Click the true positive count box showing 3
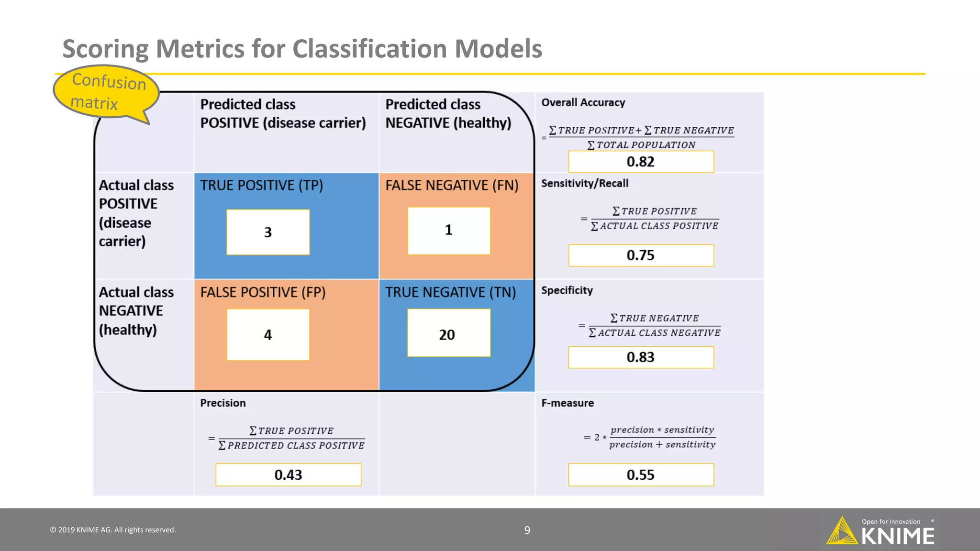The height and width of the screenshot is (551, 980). pos(268,232)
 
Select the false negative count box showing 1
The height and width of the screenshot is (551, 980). pos(449,231)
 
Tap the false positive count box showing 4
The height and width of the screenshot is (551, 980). pos(268,334)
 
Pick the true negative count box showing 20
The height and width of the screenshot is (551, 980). pos(449,333)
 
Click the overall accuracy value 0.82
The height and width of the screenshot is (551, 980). pos(641,162)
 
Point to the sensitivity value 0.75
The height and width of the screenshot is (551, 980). pos(641,255)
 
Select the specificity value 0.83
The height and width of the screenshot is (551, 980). pos(641,357)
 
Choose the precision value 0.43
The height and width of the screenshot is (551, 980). pos(288,475)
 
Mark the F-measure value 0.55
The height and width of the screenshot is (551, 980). pos(641,475)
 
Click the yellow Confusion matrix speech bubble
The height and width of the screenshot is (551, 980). pos(106,91)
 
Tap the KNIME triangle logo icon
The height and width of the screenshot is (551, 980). pos(842,531)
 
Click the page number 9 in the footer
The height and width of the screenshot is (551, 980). pos(527,530)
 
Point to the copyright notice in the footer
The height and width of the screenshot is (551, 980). pos(113,530)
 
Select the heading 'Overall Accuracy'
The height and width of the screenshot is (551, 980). pos(583,102)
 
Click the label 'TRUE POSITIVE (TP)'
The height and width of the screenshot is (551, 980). pos(261,185)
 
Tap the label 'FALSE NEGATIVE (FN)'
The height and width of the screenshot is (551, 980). pos(452,185)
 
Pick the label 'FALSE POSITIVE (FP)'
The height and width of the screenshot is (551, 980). pos(263,292)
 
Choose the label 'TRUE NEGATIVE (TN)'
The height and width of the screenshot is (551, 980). pos(450,292)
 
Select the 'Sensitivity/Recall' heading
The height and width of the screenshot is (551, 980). pos(584,183)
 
